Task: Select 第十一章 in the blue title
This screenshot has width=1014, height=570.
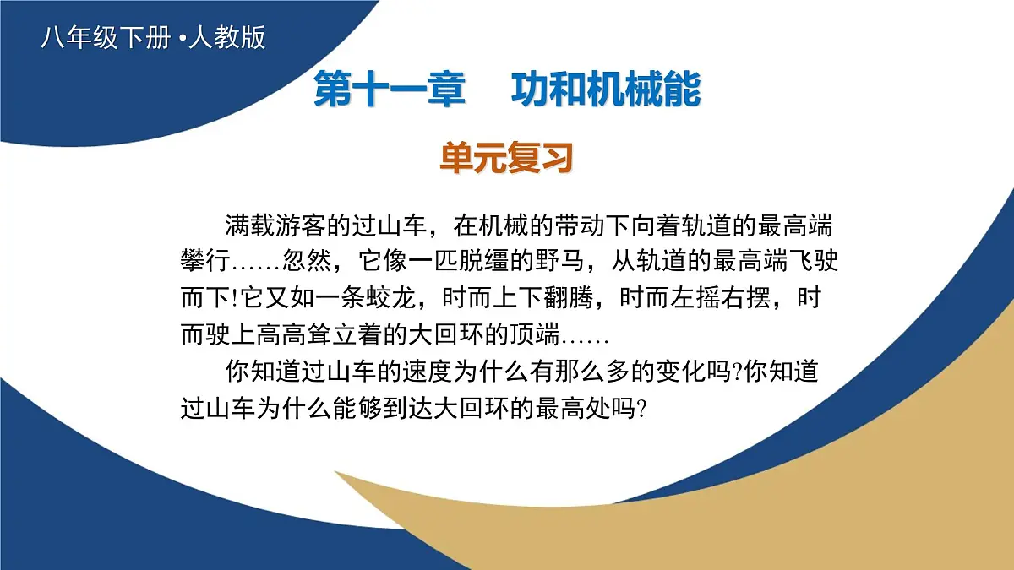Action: point(390,91)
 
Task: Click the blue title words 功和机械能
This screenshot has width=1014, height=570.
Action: point(606,91)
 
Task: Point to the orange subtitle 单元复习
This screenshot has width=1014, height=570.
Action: point(506,158)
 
